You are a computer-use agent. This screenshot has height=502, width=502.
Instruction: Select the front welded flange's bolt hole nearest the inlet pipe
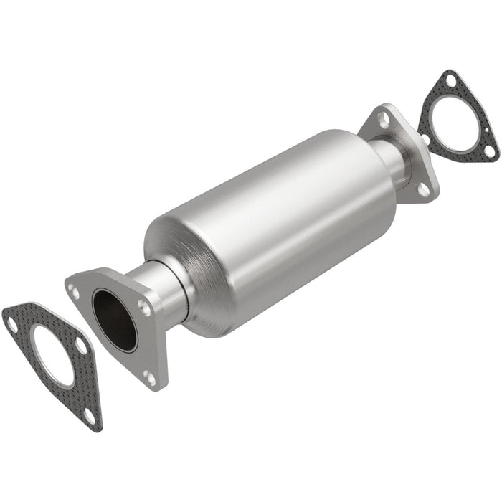click(146, 309)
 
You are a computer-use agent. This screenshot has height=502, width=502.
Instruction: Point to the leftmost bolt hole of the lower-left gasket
click(12, 324)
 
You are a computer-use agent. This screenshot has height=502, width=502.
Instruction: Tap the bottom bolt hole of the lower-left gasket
click(88, 414)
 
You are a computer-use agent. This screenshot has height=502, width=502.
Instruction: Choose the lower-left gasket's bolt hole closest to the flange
click(80, 346)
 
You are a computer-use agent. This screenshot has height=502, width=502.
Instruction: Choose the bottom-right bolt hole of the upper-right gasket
click(488, 151)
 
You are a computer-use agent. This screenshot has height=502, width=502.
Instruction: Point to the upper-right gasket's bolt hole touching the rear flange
click(425, 138)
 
